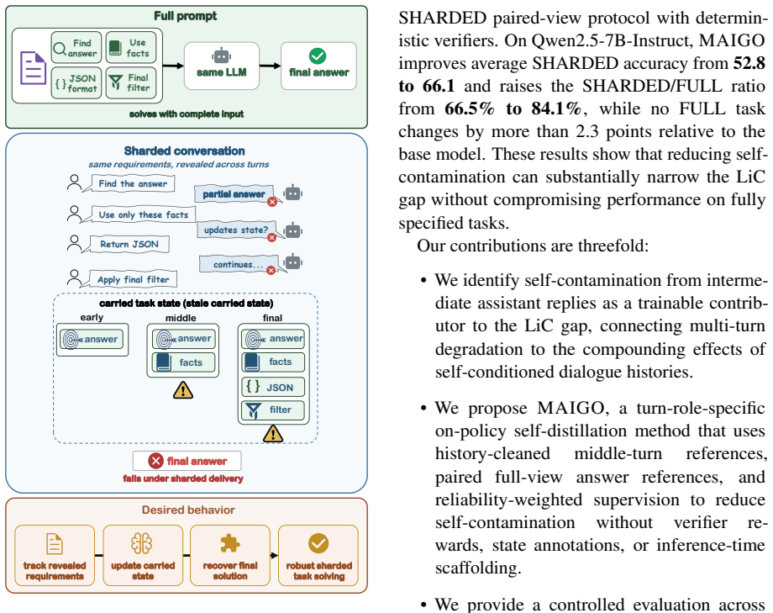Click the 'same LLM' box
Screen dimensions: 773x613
click(221, 66)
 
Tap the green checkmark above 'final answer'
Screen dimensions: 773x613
click(318, 55)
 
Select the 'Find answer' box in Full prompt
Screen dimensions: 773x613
click(76, 48)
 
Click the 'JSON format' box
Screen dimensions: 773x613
click(76, 83)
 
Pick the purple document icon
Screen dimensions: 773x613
click(33, 67)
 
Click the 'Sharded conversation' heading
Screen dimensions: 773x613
click(184, 151)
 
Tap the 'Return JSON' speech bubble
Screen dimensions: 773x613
click(129, 245)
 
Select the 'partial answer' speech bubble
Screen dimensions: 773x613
click(234, 194)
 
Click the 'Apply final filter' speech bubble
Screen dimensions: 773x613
click(133, 279)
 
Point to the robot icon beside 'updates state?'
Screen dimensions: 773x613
click(293, 230)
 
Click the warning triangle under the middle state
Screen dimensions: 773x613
click(183, 390)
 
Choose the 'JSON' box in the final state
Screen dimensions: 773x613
click(272, 387)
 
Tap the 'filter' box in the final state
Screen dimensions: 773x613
click(272, 410)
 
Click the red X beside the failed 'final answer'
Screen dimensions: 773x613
click(155, 461)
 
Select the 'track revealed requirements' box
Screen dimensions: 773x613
click(55, 555)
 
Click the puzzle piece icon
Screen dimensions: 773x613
click(229, 543)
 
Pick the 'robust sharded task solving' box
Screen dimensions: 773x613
click(318, 555)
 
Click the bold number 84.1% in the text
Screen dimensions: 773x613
click(556, 108)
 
